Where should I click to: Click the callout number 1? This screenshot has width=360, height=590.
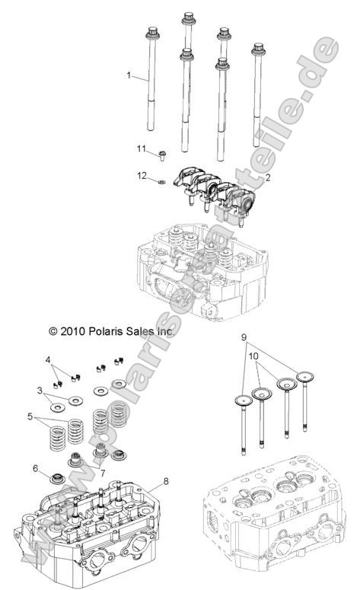click(x=129, y=75)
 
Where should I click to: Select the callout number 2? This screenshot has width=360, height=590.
click(x=267, y=177)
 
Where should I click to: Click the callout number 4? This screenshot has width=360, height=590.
click(x=47, y=359)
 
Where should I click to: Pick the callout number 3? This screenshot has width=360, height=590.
click(x=40, y=390)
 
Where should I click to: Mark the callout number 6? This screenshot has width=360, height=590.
click(x=35, y=468)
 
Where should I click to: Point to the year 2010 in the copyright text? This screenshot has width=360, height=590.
click(x=49, y=310)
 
